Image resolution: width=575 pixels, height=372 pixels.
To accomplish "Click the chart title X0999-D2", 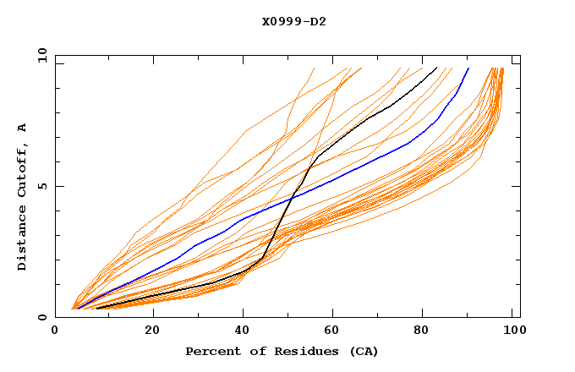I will (294, 21).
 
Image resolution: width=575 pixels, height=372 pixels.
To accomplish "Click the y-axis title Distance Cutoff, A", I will (22, 196).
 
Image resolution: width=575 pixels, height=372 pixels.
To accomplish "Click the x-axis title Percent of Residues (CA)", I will (282, 351).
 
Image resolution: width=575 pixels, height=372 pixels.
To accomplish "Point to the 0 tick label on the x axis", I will (55, 331).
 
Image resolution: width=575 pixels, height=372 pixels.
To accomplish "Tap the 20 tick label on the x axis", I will (152, 331).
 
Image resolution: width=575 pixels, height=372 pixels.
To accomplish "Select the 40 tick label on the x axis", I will (244, 331).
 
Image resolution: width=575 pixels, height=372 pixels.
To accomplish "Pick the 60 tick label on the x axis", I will (336, 331).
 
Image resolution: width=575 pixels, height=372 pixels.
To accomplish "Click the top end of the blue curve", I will (468, 68).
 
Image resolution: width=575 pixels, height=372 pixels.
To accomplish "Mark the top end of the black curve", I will (436, 68).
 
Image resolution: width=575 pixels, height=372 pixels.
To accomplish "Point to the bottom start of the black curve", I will (96, 309).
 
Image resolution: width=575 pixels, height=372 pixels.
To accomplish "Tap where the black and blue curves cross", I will (292, 200).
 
